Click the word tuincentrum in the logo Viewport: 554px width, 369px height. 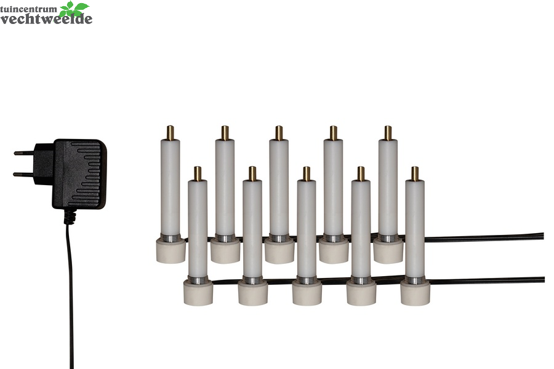(28, 9)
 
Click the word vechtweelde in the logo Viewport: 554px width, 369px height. (46, 18)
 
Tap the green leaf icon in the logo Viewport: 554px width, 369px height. (73, 9)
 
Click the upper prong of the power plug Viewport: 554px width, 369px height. (24, 153)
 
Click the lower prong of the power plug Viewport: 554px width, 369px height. (23, 173)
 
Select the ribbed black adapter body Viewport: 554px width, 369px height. (79, 173)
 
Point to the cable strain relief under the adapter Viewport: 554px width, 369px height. (70, 216)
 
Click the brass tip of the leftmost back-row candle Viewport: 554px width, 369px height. (171, 132)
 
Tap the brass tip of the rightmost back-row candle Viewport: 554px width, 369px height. (388, 132)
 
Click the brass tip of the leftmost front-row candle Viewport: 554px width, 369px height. (198, 173)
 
